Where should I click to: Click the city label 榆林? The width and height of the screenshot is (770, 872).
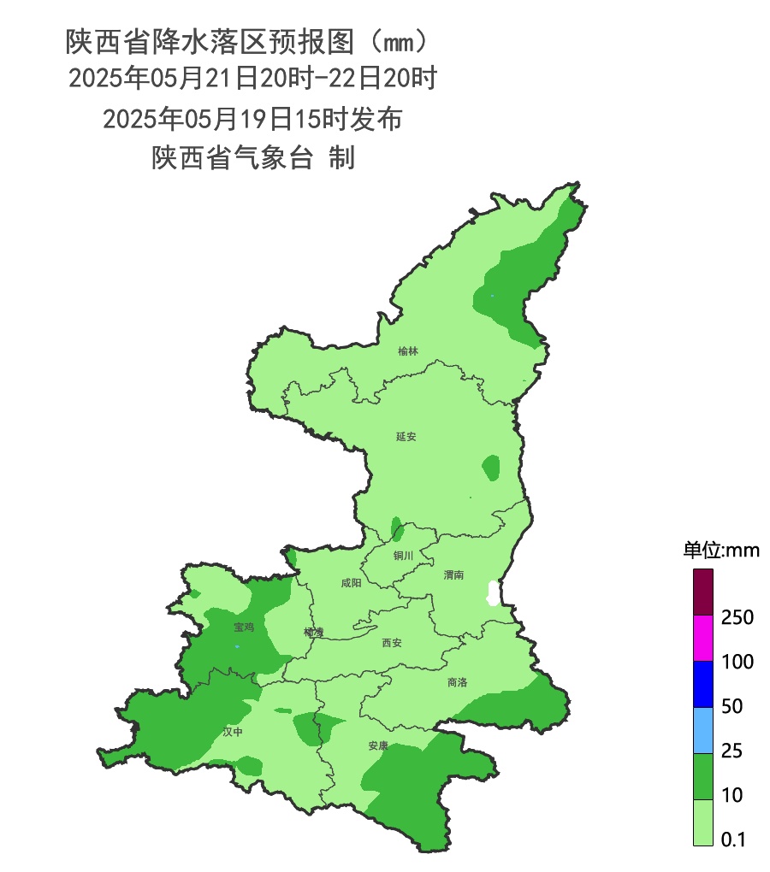408,351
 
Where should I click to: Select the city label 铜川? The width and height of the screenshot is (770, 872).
403,556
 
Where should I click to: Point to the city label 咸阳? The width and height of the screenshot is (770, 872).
351,583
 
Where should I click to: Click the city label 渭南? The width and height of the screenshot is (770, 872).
453,575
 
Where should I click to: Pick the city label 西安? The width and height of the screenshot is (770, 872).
391,642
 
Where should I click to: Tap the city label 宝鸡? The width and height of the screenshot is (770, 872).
244,627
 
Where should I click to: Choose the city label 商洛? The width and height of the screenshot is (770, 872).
457,682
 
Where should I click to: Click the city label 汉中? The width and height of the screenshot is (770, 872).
233,732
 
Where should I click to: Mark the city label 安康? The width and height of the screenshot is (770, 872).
378,745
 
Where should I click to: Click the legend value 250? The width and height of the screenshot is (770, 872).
737,617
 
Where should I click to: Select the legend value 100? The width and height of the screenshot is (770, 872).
737,662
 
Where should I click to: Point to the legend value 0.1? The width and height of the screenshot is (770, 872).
734,840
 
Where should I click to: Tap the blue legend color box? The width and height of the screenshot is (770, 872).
703,685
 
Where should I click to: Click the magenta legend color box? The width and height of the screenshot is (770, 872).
703,639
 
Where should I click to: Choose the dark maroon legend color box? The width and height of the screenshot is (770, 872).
703,592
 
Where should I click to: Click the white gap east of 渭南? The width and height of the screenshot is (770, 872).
492,592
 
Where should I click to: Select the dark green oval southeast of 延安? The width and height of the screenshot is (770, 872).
490,467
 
